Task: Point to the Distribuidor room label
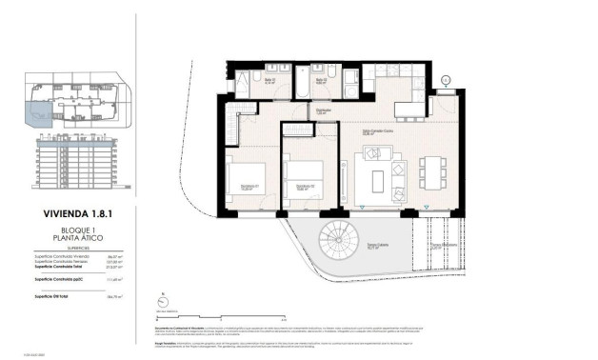[x=325, y=110]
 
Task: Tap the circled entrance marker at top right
[x=446, y=79]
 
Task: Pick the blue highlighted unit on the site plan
[x=39, y=114]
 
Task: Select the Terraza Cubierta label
[x=377, y=246]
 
